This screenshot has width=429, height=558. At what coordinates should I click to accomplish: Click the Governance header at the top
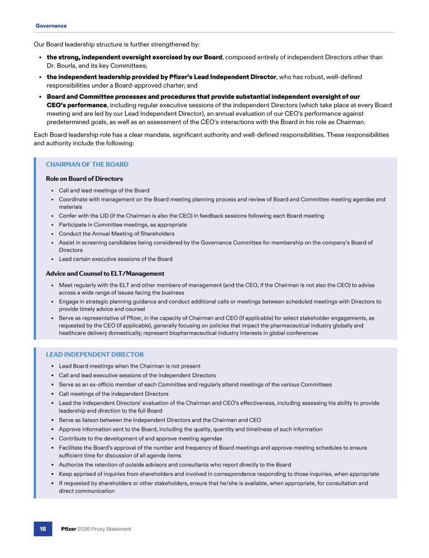pyautogui.click(x=51, y=26)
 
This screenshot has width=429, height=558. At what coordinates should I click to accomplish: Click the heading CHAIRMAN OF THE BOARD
pyautogui.click(x=87, y=165)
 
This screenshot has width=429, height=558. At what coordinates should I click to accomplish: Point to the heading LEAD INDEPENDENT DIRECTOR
pyautogui.click(x=94, y=354)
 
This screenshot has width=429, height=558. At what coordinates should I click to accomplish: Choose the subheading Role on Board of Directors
pyautogui.click(x=84, y=179)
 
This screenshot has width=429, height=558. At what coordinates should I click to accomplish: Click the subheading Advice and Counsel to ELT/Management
pyautogui.click(x=104, y=273)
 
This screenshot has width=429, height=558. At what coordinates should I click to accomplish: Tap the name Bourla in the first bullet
pyautogui.click(x=68, y=66)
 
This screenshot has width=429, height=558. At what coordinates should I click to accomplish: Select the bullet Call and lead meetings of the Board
pyautogui.click(x=104, y=190)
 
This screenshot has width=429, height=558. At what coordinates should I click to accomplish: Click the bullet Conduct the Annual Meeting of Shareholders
pyautogui.click(x=116, y=234)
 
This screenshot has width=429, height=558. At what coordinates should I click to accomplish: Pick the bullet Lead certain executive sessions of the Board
pyautogui.click(x=116, y=259)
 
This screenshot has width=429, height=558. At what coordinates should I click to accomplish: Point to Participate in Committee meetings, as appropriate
pyautogui.click(x=122, y=225)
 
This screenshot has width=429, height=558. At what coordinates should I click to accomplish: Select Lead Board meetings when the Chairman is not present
pyautogui.click(x=130, y=367)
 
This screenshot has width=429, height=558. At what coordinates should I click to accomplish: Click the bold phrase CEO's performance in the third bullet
pyautogui.click(x=76, y=105)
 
